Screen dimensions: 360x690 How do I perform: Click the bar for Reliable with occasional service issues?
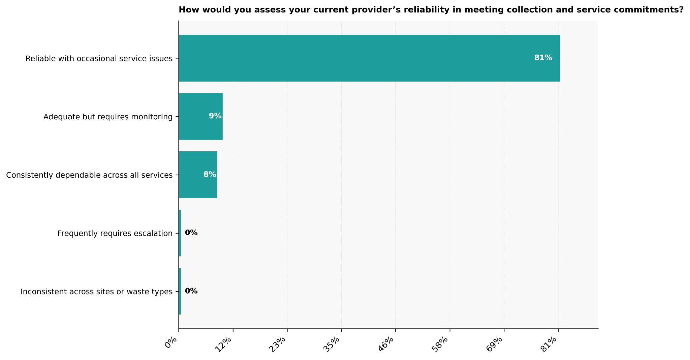(369, 58)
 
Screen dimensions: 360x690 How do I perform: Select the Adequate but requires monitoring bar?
(200, 116)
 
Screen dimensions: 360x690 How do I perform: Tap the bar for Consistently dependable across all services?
(198, 175)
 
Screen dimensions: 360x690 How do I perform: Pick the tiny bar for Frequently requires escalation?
(180, 233)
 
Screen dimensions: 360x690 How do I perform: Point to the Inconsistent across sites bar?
(180, 291)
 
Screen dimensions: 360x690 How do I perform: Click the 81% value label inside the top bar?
(543, 58)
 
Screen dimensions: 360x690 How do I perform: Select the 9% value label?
(215, 116)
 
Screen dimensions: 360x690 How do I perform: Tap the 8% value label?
(210, 174)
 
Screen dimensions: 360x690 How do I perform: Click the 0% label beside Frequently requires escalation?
(191, 233)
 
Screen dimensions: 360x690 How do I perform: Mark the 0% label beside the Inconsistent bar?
(191, 291)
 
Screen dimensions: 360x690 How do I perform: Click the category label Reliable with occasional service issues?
(99, 58)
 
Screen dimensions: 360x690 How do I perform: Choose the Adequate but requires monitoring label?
(108, 117)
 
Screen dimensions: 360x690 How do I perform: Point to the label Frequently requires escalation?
(115, 233)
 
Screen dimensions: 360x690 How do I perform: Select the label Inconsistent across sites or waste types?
(96, 292)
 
